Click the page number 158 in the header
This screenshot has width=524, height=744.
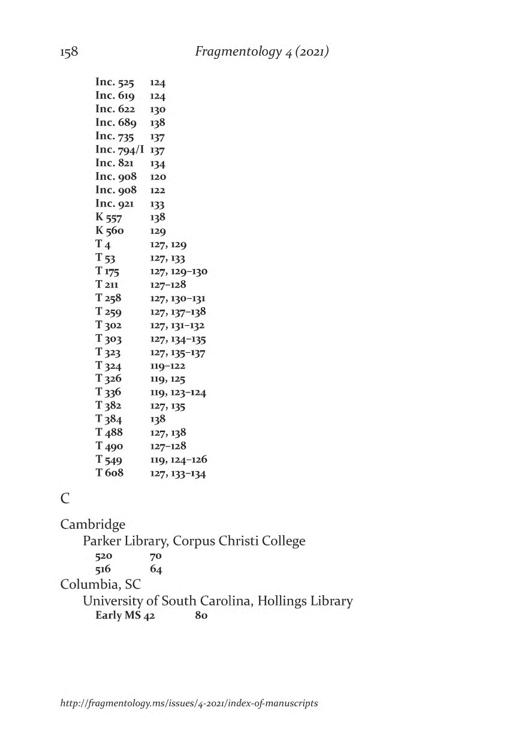pos(69,52)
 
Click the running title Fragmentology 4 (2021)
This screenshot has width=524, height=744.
pos(262,52)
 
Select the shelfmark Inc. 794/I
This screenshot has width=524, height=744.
pos(120,150)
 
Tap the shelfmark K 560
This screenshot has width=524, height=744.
pos(110,231)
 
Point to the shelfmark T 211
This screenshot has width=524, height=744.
pos(108,284)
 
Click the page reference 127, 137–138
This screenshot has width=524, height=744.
pos(178,312)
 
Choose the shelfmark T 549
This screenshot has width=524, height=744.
pos(109,460)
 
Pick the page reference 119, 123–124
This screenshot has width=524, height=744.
pos(178,392)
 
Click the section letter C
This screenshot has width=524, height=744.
pos(65,499)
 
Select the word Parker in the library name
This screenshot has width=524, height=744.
pos(101,541)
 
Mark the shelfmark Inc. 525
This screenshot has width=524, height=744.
pos(115,83)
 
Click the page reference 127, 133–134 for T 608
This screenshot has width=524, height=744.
pos(178,473)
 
